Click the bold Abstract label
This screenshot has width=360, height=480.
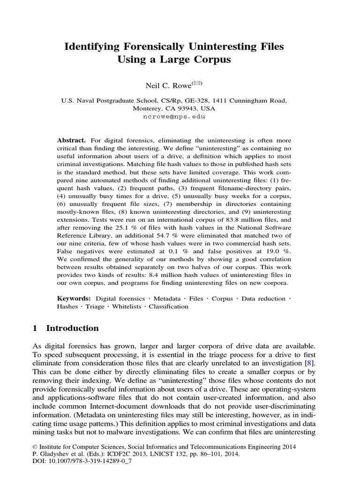71,141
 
